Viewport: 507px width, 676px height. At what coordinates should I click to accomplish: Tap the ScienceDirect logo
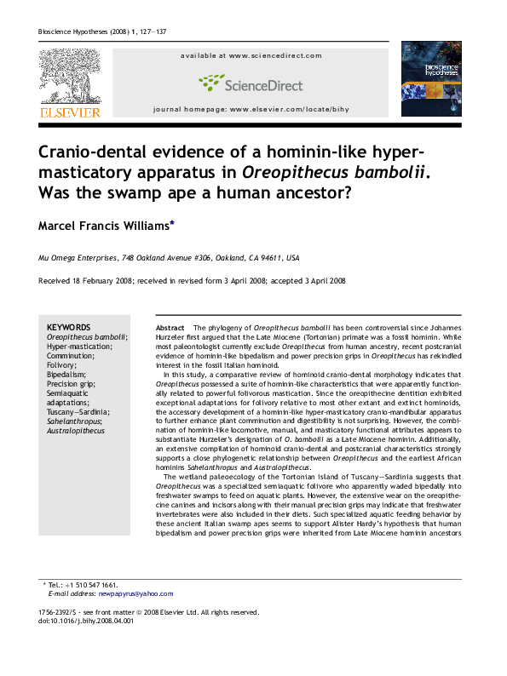pyautogui.click(x=251, y=83)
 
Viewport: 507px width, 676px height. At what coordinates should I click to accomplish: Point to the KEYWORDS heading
pyautogui.click(x=68, y=327)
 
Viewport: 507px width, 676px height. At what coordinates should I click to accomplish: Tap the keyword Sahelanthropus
pyautogui.click(x=75, y=421)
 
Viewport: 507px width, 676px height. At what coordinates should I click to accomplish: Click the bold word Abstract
pyautogui.click(x=170, y=328)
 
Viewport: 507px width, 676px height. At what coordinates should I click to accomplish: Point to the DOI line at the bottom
pyautogui.click(x=86, y=621)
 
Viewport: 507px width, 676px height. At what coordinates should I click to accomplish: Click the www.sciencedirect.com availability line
pyautogui.click(x=251, y=55)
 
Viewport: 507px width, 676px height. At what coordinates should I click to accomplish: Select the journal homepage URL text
pyautogui.click(x=251, y=111)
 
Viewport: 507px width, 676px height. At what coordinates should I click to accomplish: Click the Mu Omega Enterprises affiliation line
pyautogui.click(x=169, y=257)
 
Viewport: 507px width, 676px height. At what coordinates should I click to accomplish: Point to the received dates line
pyautogui.click(x=192, y=281)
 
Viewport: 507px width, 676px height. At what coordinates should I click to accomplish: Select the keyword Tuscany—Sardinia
pyautogui.click(x=78, y=412)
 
